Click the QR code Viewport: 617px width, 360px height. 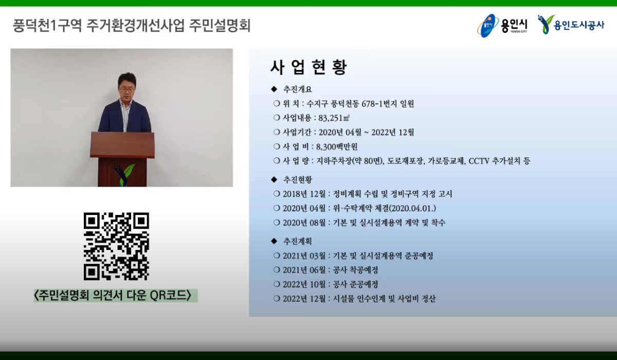[116, 246]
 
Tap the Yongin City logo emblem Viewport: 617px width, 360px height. [487, 26]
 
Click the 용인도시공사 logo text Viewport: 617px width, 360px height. [579, 25]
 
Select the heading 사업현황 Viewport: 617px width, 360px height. [308, 67]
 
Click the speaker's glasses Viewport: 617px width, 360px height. [126, 89]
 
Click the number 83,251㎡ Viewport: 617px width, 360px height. [334, 118]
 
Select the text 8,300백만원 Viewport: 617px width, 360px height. [337, 147]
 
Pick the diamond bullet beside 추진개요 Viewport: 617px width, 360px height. [274, 89]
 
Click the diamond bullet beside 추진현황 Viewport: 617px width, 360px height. [274, 179]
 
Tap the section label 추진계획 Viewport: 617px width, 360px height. [298, 241]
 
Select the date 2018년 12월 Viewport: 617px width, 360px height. [304, 194]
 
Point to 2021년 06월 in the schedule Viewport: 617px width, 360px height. [304, 270]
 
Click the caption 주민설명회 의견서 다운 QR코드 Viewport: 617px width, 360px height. [113, 295]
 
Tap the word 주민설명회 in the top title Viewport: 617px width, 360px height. [220, 26]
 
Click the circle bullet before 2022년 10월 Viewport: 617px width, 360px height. [277, 284]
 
